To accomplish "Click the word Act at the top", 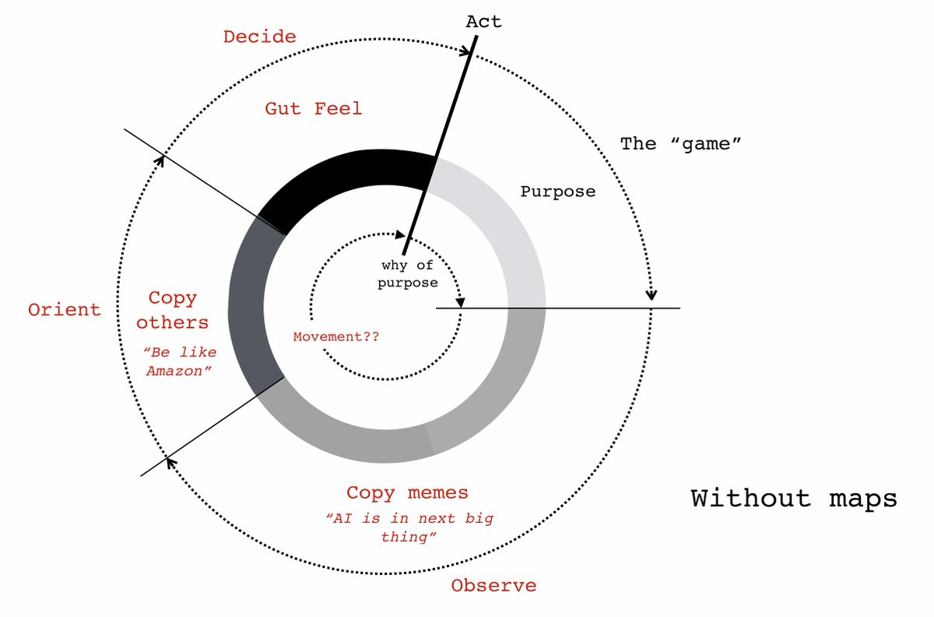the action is pos(483,21).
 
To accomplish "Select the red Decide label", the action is pos(259,37).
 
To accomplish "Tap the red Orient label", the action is pos(65,309).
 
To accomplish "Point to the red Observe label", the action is pos(493,586).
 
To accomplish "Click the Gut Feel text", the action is pos(314,108).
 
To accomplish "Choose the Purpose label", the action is pos(557,191).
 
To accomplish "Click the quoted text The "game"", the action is pos(679,143).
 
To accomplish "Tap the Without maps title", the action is pos(794,498).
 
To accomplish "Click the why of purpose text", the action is pos(407,274).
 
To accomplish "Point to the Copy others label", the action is pos(178,310).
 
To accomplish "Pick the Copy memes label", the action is pos(407,492).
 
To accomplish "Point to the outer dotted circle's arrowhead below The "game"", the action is pos(651,294).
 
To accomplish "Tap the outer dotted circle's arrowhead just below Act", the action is pos(468,52).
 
